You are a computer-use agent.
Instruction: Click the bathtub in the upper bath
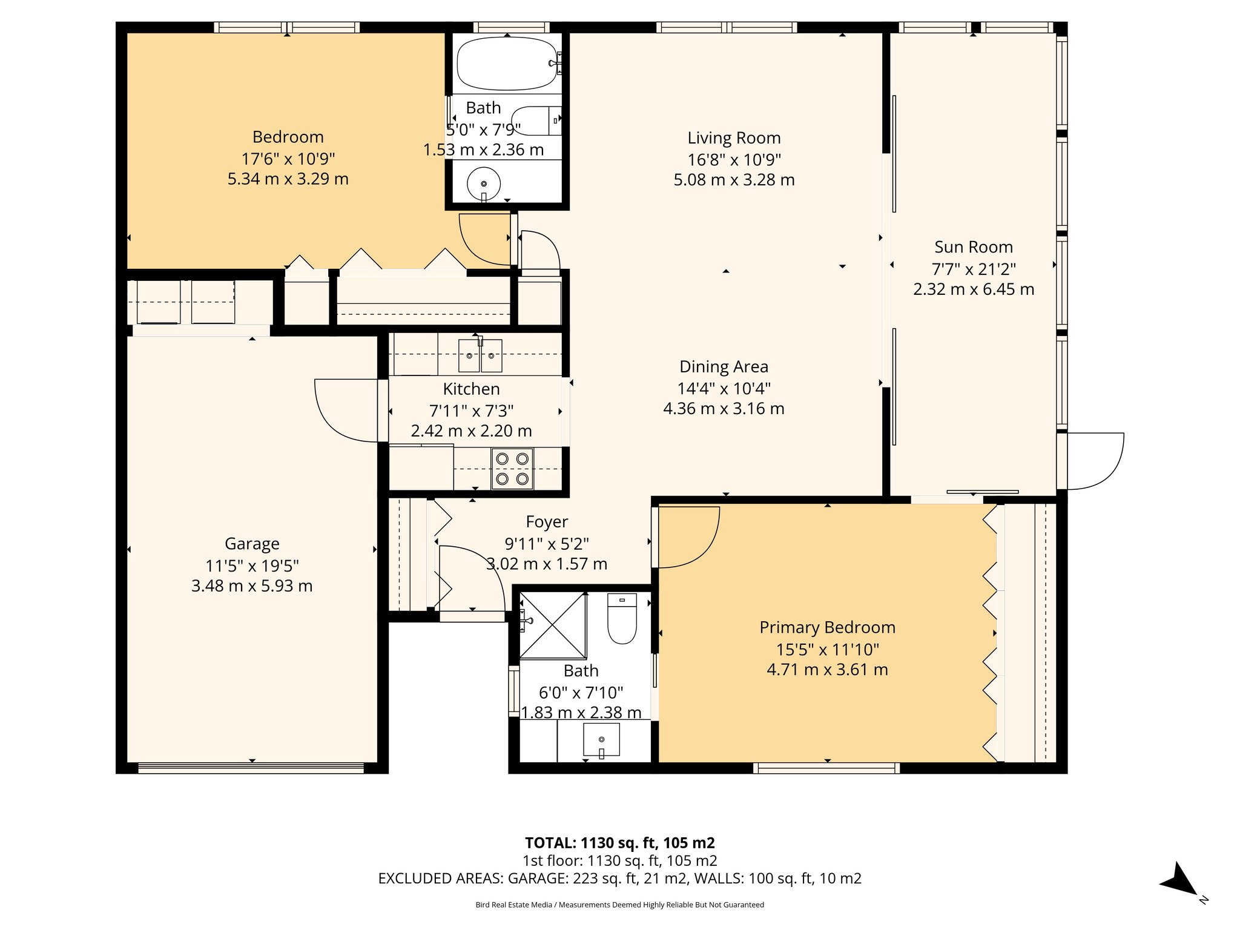click(506, 64)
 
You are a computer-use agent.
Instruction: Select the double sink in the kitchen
click(480, 356)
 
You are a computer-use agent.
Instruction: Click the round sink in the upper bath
click(484, 183)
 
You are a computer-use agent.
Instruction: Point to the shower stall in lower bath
click(553, 625)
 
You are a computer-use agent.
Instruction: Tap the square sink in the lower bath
click(601, 739)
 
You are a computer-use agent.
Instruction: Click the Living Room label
click(734, 138)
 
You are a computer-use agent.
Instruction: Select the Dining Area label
click(724, 367)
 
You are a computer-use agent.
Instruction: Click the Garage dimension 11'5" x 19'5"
click(252, 566)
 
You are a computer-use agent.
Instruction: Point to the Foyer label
click(547, 522)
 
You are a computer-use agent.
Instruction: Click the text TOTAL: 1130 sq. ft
click(619, 843)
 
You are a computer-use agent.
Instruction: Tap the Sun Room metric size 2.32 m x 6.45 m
click(973, 289)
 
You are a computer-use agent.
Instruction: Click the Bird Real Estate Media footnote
click(619, 905)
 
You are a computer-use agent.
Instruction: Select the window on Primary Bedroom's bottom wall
click(826, 768)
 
